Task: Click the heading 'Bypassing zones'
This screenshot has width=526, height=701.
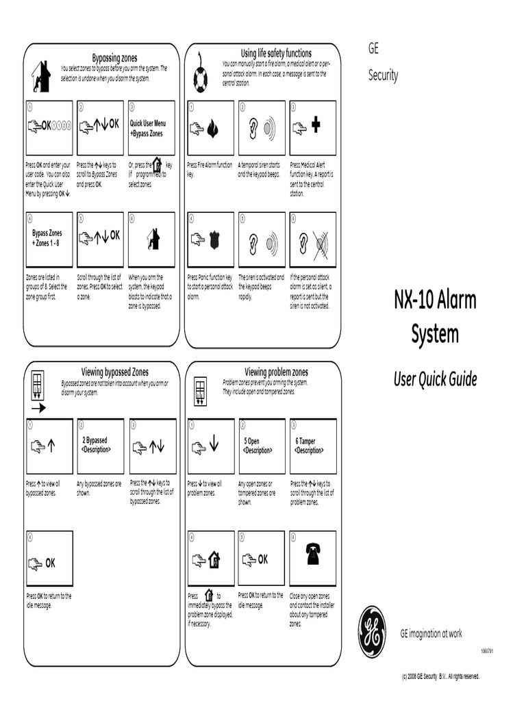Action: pos(115,58)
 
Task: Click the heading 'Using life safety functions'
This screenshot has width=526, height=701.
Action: pos(276,53)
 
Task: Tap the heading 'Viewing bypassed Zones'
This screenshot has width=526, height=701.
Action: pos(114,372)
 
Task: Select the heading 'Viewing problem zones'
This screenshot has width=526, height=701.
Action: pos(276,372)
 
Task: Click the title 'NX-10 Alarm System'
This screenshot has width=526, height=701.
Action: pos(435,317)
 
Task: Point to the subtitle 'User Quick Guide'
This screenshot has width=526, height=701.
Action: pos(435,379)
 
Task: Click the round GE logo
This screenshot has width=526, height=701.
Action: pos(373,631)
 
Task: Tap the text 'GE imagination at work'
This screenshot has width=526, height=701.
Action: pos(431,634)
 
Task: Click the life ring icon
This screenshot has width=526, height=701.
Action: pos(200,79)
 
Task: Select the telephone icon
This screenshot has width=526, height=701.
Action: pos(313,553)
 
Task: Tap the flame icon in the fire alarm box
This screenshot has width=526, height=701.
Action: pos(213,127)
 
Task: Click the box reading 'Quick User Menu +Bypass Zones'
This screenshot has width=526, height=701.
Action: pos(151,128)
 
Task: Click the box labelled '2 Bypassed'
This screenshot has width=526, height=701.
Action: pos(101,446)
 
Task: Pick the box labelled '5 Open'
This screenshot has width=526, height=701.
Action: pos(262,446)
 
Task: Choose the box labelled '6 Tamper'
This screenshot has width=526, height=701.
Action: pos(313,446)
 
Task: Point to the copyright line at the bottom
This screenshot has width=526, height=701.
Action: pos(440,676)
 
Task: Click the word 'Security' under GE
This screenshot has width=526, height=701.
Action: pos(383,75)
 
